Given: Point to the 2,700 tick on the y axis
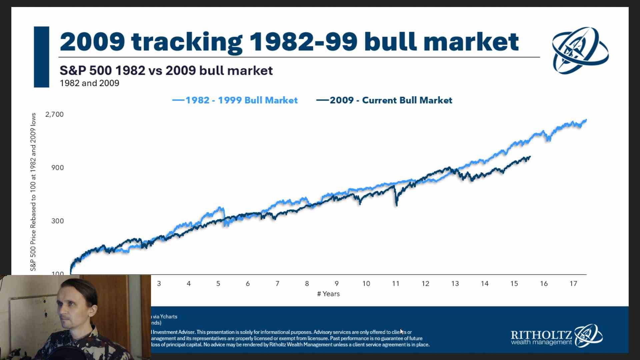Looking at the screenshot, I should pos(54,114).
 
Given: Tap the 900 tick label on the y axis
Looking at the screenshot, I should pos(57,168).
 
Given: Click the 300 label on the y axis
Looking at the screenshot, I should pos(57,221).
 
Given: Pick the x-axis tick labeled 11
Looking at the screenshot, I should pos(396,284).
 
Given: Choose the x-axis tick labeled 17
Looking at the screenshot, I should pos(573,284).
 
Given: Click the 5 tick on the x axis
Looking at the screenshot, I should pos(218,284).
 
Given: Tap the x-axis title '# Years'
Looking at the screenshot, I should pos(328,294).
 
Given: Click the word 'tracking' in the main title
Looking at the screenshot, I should pos(187,42).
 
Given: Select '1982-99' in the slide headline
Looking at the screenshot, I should pos(303,42).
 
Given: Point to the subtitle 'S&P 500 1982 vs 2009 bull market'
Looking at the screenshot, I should pos(166,71).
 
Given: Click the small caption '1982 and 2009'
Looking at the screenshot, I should pos(89,83).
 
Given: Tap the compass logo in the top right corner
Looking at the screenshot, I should pos(580,50).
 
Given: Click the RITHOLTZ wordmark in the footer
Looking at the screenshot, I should pos(541,335).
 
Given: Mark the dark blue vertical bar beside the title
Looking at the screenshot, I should pos(41,57).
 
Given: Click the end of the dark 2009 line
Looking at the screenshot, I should pos(530,157).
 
